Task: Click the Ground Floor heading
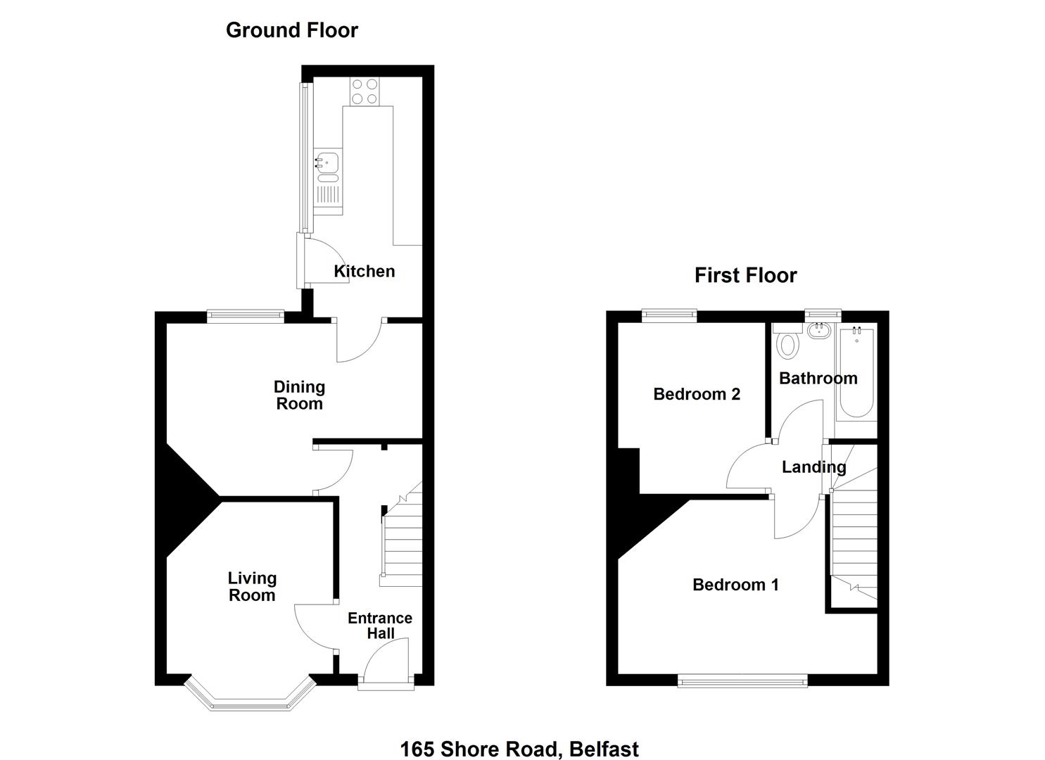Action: pyautogui.click(x=292, y=30)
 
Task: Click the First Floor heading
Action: pyautogui.click(x=745, y=275)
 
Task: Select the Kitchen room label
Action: pyautogui.click(x=365, y=271)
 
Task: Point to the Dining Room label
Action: pyautogui.click(x=300, y=395)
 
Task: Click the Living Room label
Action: pyautogui.click(x=252, y=586)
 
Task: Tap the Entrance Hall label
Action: pyautogui.click(x=380, y=626)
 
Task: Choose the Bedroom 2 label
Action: pyautogui.click(x=697, y=394)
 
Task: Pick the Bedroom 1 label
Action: pyautogui.click(x=735, y=585)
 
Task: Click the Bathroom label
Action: pyautogui.click(x=818, y=378)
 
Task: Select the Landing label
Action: pyautogui.click(x=814, y=467)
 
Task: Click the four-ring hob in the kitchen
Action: pyautogui.click(x=365, y=91)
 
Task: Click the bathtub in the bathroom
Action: pyautogui.click(x=856, y=372)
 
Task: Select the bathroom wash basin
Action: pyautogui.click(x=819, y=331)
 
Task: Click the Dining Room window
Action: pyautogui.click(x=246, y=317)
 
